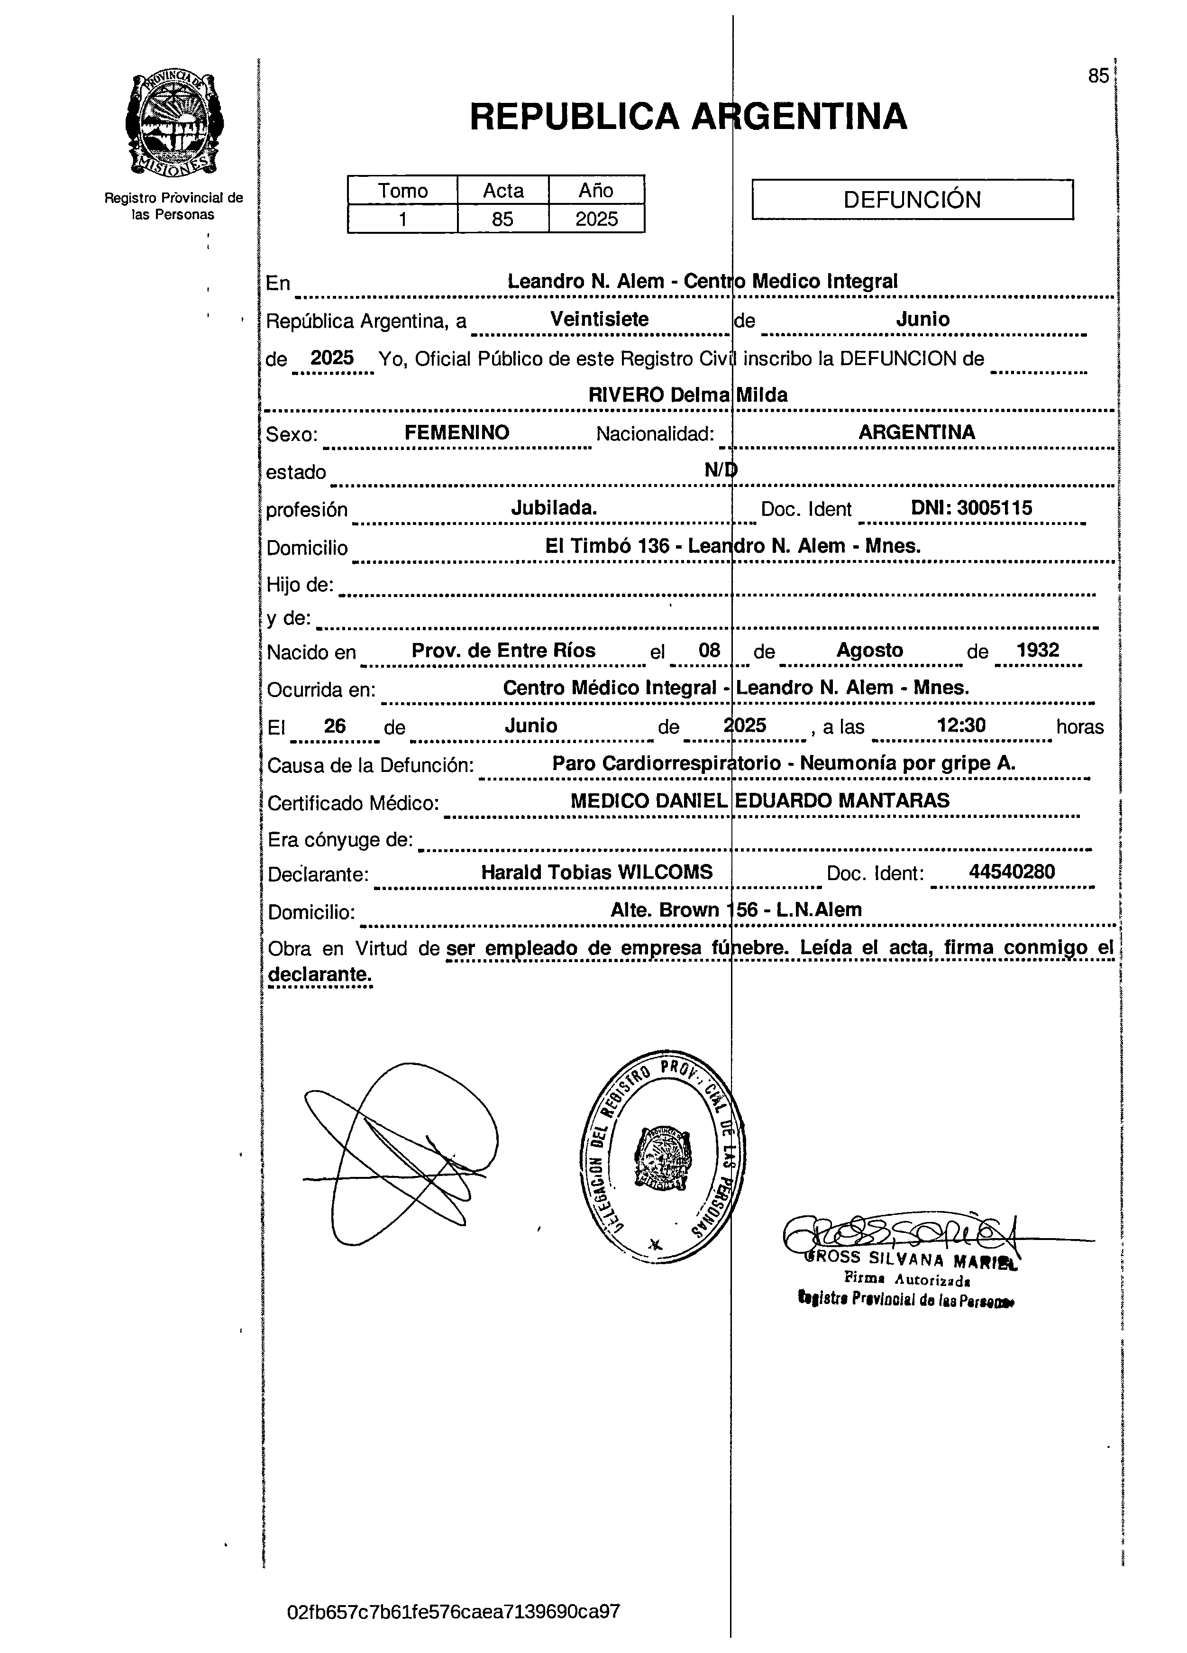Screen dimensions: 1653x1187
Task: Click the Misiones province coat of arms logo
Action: tap(174, 124)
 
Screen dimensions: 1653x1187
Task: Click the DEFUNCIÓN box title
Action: tap(912, 200)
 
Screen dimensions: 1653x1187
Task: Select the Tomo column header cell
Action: tap(402, 190)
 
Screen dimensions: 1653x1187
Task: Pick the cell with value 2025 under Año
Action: tap(596, 219)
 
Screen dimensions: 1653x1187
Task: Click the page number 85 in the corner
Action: tap(1098, 76)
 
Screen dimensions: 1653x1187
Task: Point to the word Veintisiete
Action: tap(599, 319)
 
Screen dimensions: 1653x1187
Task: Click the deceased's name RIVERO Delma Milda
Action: tap(688, 395)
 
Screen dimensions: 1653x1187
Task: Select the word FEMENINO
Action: tap(457, 432)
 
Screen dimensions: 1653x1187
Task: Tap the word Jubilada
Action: tap(554, 508)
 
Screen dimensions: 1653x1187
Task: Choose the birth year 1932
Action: tap(1038, 650)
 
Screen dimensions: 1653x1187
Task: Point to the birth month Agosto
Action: tap(869, 650)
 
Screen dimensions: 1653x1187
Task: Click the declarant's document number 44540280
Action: tap(1012, 872)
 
